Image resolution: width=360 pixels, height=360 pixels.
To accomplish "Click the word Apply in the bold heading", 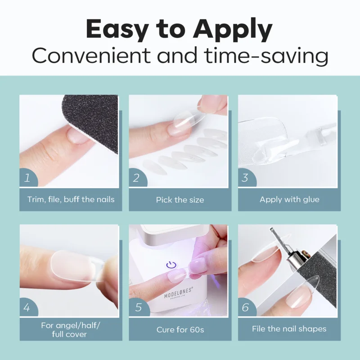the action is click(x=233, y=30).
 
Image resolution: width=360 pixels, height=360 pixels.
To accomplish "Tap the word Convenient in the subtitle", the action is click(x=91, y=55).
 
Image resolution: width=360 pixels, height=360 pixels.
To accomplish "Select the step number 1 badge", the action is click(x=28, y=178).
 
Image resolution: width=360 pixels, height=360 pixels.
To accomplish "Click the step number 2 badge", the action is click(x=137, y=178).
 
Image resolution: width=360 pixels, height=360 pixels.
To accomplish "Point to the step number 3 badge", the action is click(x=247, y=178).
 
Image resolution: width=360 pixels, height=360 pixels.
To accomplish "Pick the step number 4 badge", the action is click(x=28, y=307).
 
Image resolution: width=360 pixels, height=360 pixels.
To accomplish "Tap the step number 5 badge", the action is click(x=139, y=307).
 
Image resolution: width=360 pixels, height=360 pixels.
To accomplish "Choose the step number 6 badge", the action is click(x=247, y=307).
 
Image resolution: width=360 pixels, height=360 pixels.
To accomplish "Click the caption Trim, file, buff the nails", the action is click(x=71, y=199).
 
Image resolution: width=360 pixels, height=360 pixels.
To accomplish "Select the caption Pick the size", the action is click(x=180, y=200).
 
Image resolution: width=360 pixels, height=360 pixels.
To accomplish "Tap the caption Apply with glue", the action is click(x=289, y=199).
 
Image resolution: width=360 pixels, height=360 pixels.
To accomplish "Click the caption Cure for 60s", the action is click(x=180, y=330).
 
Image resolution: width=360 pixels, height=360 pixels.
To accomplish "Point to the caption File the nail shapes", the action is click(x=289, y=329).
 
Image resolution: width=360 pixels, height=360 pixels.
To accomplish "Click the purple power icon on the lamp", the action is click(x=171, y=265).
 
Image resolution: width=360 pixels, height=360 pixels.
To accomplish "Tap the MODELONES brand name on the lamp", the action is click(x=178, y=293).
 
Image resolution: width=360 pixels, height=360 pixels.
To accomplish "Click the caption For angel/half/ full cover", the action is click(x=70, y=330).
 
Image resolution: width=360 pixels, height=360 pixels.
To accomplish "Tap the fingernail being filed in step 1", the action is click(x=77, y=135).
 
